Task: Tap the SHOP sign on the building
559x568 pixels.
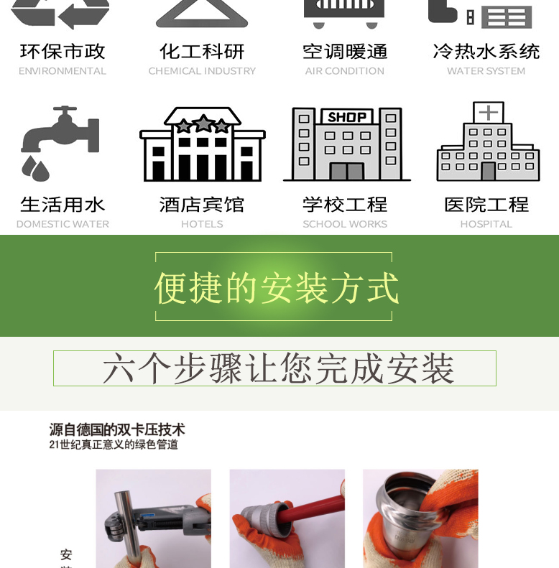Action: pos(347,117)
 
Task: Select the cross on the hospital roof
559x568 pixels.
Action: pos(489,113)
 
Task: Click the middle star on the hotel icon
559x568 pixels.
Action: pos(203,124)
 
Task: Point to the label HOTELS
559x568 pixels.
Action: pos(202,224)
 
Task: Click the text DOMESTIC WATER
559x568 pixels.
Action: pos(63,224)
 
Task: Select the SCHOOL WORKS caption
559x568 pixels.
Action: pos(345,224)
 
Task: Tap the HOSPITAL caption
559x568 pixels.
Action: pos(486,224)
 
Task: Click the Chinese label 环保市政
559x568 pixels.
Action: pos(63,52)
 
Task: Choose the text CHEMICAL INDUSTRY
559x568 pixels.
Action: pos(202,71)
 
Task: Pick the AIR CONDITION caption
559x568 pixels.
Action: pos(344,71)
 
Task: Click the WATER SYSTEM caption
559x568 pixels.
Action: pos(486,71)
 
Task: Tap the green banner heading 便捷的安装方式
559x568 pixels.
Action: pos(276,288)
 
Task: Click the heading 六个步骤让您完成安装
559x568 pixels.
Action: pos(278,368)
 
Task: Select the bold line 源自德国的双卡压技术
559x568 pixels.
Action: pos(117,429)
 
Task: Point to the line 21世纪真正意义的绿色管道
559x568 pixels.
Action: pos(114,444)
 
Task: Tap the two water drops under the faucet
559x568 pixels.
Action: pos(35,169)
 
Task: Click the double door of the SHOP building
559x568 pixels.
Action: pos(347,171)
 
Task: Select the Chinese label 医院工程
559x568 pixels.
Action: pos(486,205)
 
